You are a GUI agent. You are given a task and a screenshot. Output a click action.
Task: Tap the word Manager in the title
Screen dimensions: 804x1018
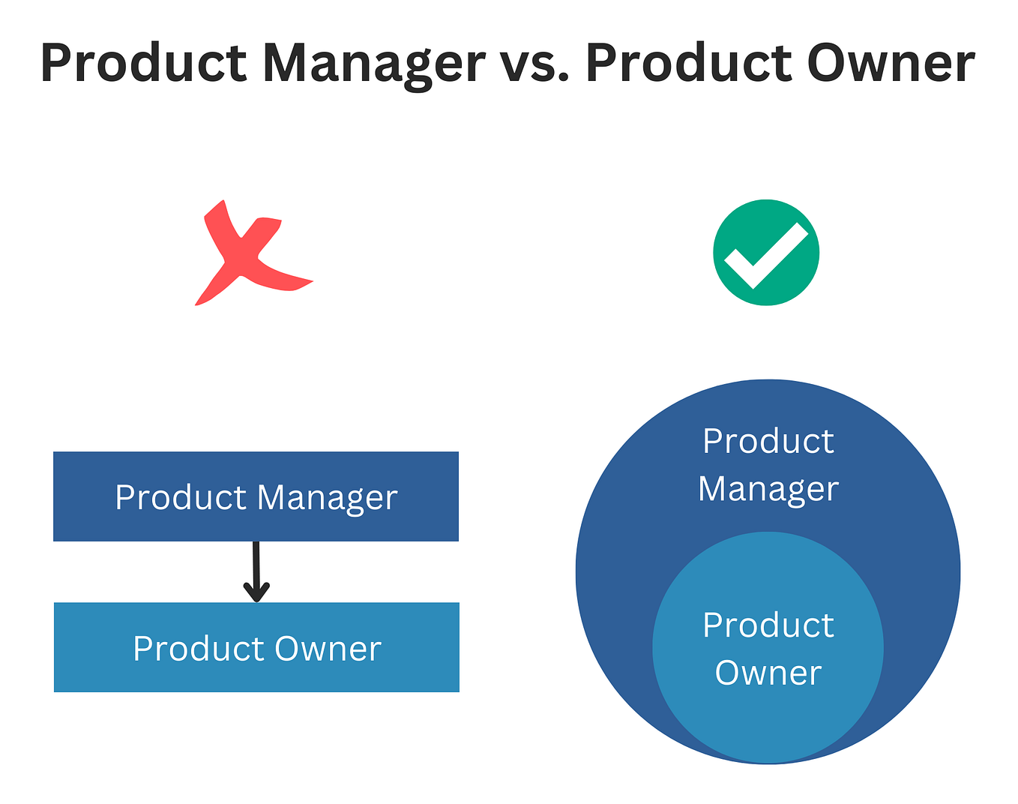(x=373, y=64)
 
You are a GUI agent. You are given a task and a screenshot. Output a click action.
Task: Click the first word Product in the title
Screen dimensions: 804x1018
(x=143, y=63)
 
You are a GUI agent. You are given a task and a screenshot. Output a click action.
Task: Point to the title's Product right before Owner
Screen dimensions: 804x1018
(x=688, y=63)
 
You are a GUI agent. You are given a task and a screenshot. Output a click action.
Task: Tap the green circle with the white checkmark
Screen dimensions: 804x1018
(x=765, y=253)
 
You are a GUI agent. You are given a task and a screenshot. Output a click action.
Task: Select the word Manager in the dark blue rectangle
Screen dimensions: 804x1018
(x=327, y=498)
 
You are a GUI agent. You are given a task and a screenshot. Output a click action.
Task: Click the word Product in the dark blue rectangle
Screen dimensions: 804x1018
(x=181, y=497)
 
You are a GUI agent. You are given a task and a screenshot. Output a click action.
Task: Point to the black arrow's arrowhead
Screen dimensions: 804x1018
(x=256, y=592)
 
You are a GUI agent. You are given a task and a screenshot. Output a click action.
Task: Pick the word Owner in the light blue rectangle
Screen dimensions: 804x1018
(x=328, y=649)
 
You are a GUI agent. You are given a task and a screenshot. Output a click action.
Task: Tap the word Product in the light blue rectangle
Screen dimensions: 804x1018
(x=199, y=649)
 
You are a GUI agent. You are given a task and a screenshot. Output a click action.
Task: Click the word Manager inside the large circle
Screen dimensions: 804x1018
(x=768, y=490)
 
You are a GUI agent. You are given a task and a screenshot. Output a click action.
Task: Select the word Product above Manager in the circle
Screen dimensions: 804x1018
(x=768, y=441)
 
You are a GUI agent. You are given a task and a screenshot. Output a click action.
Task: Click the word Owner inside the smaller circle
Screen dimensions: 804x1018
(x=768, y=673)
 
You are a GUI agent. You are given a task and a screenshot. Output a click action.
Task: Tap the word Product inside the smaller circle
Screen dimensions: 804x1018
(x=768, y=625)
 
